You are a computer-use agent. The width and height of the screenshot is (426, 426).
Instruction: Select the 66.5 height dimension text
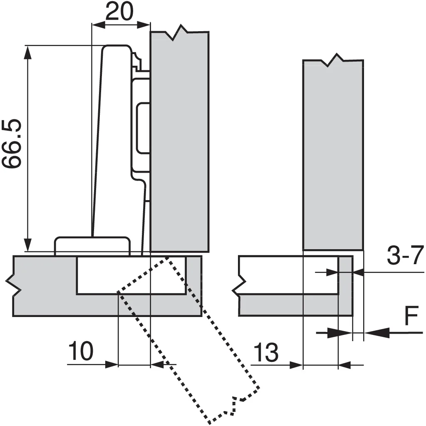coord(11,143)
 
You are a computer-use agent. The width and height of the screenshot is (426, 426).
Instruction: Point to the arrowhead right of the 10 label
coord(111,364)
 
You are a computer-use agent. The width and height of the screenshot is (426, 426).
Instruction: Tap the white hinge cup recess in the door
coord(131,275)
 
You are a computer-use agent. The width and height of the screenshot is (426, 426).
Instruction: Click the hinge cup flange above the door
coord(92,246)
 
